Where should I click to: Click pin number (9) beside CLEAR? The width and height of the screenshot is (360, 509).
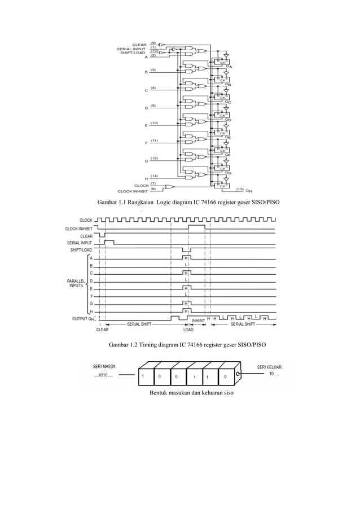[x=153, y=43]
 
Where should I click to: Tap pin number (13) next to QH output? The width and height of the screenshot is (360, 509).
[x=240, y=189]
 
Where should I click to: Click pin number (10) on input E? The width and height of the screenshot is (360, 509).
[x=154, y=122]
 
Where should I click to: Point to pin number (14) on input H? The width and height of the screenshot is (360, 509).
[x=154, y=177]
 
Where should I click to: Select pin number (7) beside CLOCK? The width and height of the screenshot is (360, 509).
[x=153, y=183]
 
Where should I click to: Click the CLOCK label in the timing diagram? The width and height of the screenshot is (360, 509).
[x=86, y=220]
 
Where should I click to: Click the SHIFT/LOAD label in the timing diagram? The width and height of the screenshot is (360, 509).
[x=81, y=249]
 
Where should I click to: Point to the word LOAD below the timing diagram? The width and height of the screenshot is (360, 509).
[x=188, y=330]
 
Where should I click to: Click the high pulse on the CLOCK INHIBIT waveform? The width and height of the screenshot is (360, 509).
[x=196, y=226]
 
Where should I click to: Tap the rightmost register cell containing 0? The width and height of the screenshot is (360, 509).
[x=225, y=376]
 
